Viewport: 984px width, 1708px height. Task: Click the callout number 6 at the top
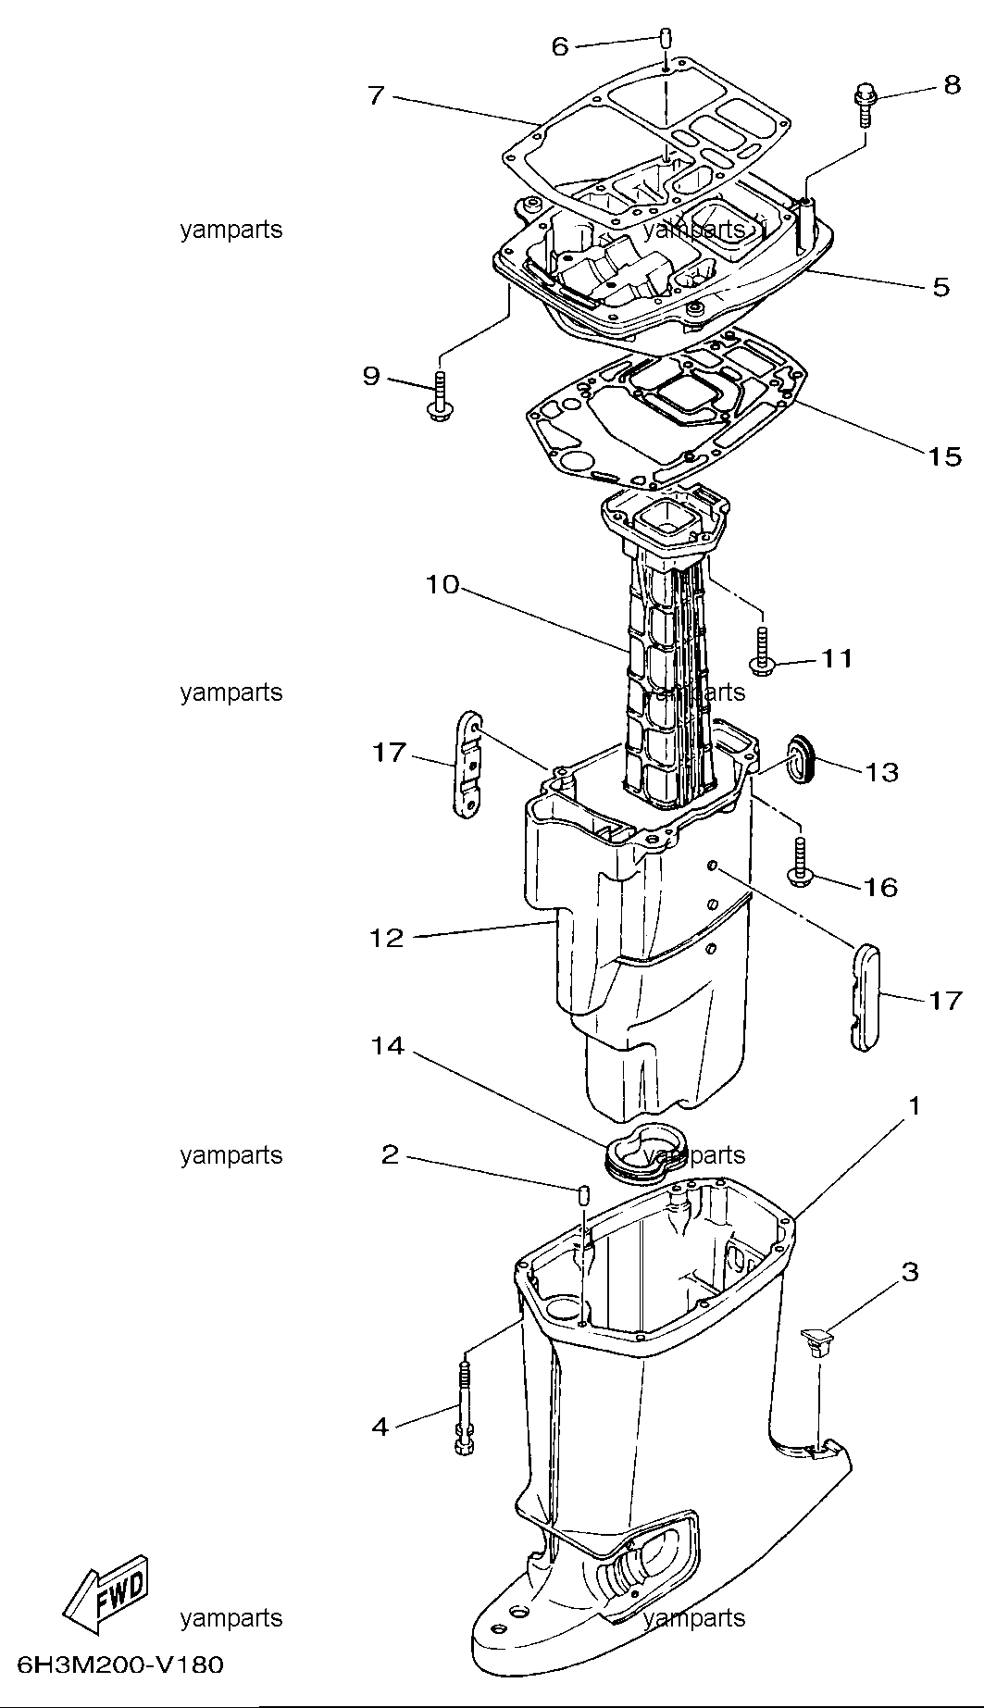pos(560,45)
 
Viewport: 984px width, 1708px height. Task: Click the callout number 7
pos(376,95)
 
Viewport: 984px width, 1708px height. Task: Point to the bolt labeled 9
pos(439,396)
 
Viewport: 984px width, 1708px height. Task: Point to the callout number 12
pos(387,938)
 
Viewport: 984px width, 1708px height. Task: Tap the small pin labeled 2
pos(583,1194)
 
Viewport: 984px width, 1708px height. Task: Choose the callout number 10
pos(442,586)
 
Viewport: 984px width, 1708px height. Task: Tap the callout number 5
pos(940,287)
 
